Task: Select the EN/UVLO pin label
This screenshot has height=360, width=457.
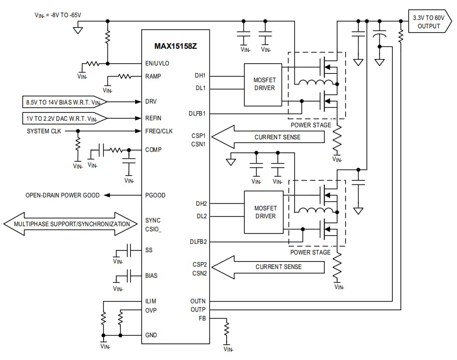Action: click(157, 64)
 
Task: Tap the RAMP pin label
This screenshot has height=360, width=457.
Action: click(153, 76)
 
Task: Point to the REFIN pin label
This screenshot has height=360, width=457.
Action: click(153, 118)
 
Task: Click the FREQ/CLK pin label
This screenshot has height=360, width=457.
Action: click(159, 131)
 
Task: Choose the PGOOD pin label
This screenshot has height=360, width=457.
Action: click(155, 196)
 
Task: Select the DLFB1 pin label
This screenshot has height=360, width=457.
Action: click(198, 114)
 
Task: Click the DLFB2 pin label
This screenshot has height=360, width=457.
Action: click(198, 242)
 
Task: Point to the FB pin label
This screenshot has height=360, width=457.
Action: click(202, 318)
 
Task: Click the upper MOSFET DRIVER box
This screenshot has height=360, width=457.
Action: click(263, 84)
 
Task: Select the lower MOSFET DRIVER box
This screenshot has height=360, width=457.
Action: click(263, 212)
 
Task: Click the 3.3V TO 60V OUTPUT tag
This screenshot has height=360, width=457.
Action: click(428, 22)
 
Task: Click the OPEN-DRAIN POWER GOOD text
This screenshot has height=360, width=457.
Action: click(62, 196)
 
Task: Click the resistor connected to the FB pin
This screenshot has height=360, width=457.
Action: click(227, 330)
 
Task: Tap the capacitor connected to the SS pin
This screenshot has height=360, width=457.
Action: click(130, 250)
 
